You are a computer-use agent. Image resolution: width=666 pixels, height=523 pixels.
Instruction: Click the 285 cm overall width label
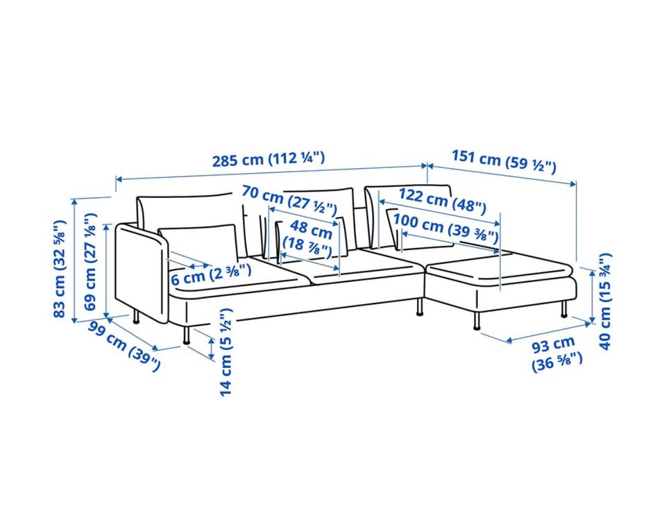pyautogui.click(x=268, y=159)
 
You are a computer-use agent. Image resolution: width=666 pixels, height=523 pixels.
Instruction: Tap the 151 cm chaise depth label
pyautogui.click(x=504, y=161)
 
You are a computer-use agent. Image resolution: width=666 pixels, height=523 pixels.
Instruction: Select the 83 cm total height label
pyautogui.click(x=60, y=269)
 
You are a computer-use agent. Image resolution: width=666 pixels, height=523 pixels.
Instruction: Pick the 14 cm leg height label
pyautogui.click(x=226, y=352)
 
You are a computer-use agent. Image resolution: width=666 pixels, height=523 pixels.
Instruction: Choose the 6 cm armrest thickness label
pyautogui.click(x=211, y=274)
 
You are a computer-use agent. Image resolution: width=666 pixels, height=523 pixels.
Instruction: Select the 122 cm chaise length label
pyautogui.click(x=442, y=201)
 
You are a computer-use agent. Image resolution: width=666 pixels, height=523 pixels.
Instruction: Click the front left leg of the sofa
pyautogui.click(x=186, y=335)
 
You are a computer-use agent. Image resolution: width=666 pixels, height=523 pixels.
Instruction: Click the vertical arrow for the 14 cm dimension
pyautogui.click(x=212, y=348)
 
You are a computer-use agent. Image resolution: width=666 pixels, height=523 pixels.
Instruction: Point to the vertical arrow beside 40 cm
pyautogui.click(x=592, y=296)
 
